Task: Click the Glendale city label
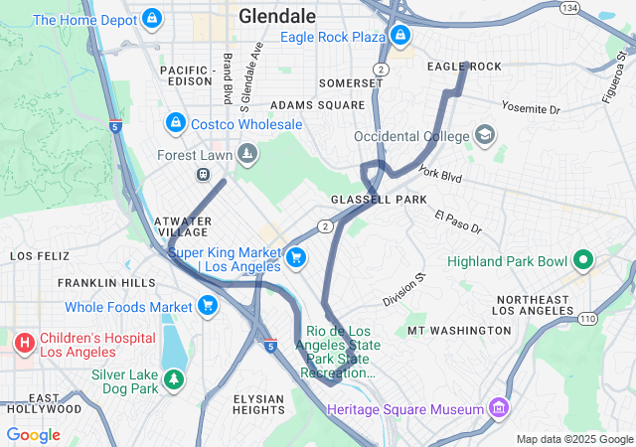pos(277,16)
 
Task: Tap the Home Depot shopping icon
pos(152,18)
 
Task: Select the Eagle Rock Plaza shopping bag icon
pos(400,36)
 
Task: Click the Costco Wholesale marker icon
pos(175,123)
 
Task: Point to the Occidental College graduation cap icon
pos(484,135)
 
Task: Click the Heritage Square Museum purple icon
pos(499,408)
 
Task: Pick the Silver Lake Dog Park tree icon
pos(175,378)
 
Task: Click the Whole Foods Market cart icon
pos(208,306)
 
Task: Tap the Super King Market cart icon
pos(296,258)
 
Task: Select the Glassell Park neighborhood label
pos(379,200)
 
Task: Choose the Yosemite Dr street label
pos(531,107)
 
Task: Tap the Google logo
pos(33,434)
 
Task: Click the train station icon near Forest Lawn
pos(203,174)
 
